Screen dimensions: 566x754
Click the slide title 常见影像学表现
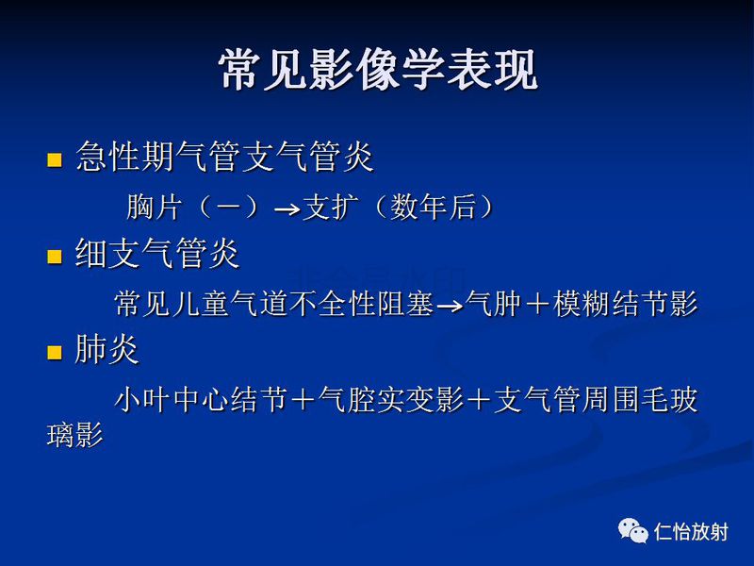point(378,69)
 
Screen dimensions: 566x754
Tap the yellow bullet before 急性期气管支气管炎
point(54,158)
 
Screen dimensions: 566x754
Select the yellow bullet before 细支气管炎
point(54,255)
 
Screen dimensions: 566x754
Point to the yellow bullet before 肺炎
point(54,353)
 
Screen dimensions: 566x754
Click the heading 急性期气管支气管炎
point(224,157)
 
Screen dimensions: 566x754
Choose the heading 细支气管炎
point(157,254)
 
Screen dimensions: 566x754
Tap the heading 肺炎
point(107,351)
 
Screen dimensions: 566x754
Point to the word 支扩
point(326,207)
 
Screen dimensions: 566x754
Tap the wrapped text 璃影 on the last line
point(74,436)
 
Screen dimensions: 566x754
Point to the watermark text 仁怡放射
point(691,532)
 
